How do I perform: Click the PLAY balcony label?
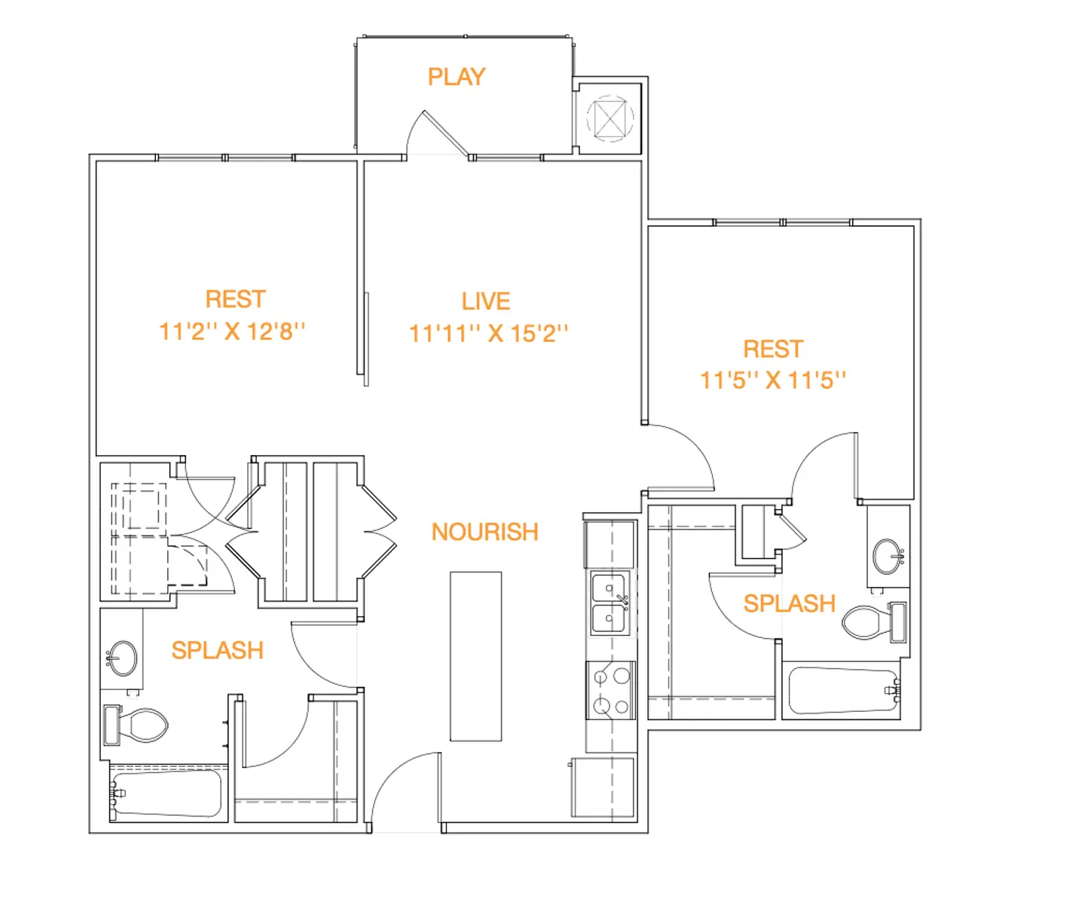(457, 77)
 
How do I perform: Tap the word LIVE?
(486, 301)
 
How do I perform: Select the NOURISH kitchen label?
(484, 532)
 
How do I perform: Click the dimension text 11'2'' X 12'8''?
(232, 331)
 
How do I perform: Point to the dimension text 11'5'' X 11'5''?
(773, 380)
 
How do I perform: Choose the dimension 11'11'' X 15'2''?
(488, 334)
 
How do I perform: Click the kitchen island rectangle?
(475, 656)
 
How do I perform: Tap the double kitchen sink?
(610, 603)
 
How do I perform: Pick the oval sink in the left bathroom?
(122, 658)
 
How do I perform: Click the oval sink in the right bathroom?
(888, 557)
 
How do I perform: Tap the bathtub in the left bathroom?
(167, 793)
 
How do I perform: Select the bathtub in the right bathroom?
(842, 690)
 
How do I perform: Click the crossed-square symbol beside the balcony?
(610, 118)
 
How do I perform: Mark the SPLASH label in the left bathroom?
(217, 650)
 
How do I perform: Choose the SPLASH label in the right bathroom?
(789, 603)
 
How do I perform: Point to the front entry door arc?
(403, 787)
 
